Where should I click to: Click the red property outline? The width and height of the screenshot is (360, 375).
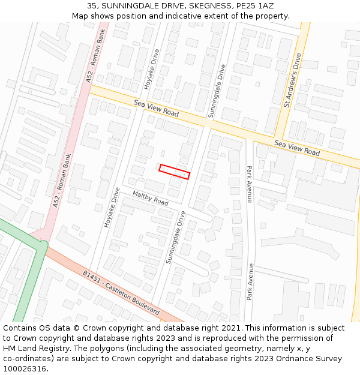[175, 172]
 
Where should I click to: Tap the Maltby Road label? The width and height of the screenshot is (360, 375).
[150, 198]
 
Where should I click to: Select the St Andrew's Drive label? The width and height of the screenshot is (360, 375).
[293, 80]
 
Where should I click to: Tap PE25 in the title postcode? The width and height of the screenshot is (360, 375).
[243, 5]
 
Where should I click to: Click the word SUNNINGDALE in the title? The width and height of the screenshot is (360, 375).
[130, 5]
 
